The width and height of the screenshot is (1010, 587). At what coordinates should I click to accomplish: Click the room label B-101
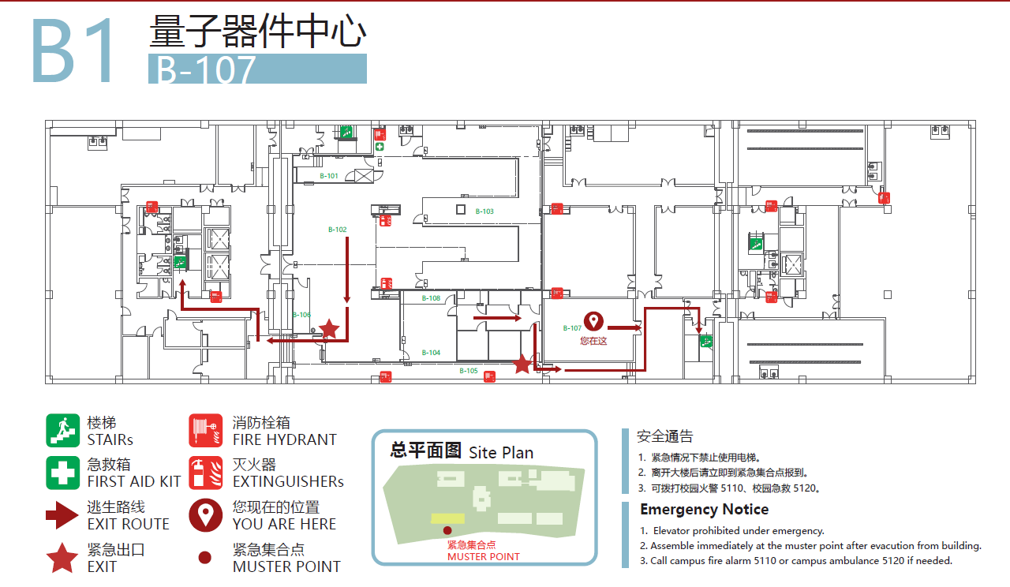(329, 176)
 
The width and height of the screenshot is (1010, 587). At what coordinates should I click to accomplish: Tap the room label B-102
(338, 230)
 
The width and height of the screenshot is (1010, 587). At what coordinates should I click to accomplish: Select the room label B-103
(484, 211)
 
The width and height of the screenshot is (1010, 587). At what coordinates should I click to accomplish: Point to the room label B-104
(431, 353)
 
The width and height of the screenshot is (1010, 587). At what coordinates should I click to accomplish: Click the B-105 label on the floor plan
(469, 371)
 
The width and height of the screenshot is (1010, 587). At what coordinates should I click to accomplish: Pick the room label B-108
(431, 298)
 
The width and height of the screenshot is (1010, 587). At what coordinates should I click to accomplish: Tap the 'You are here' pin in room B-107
(593, 321)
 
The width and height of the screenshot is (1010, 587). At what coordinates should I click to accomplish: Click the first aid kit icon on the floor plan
(380, 147)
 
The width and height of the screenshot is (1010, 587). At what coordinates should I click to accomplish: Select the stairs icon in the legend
(62, 431)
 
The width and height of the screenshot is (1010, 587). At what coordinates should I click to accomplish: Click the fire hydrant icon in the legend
(206, 431)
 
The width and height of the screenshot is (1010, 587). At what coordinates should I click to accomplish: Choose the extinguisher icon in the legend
(206, 473)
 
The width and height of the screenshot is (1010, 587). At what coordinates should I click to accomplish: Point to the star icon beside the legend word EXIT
(62, 558)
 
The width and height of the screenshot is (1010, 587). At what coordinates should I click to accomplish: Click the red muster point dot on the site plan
(447, 530)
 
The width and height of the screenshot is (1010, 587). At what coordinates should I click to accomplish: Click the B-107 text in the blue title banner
(207, 69)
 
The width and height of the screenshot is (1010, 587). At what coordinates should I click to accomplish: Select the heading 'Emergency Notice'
(704, 509)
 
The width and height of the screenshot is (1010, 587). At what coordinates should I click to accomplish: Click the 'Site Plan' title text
(501, 453)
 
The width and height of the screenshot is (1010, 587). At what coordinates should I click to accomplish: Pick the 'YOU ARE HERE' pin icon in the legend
(206, 515)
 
